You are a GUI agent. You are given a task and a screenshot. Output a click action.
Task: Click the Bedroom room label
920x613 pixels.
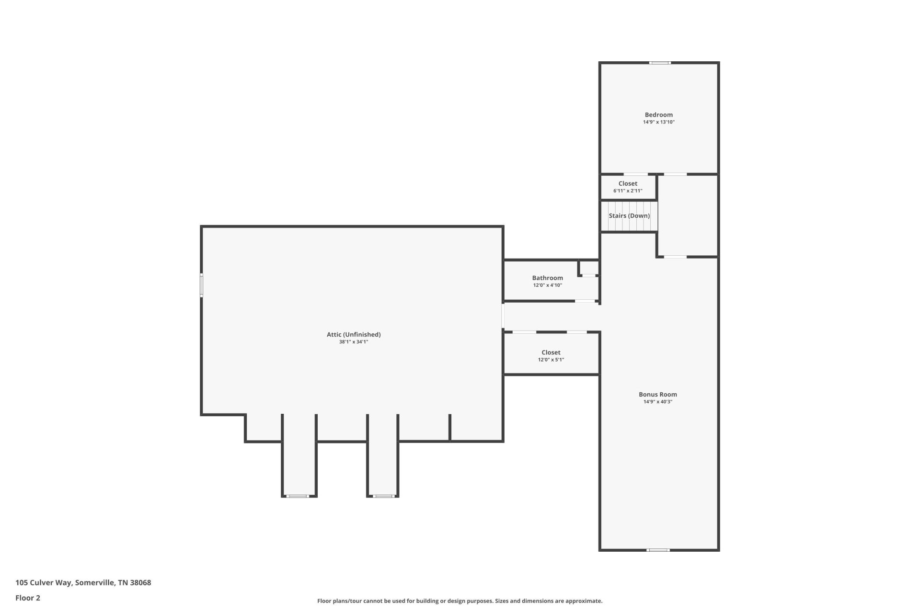point(658,115)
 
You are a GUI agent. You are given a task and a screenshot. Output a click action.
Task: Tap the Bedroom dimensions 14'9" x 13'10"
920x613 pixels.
point(658,122)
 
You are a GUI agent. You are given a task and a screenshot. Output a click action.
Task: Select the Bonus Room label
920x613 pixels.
point(658,395)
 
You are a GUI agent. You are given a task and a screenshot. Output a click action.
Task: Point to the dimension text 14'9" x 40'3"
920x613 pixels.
point(658,402)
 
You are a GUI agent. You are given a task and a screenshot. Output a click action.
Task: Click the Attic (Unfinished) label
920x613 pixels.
point(354,335)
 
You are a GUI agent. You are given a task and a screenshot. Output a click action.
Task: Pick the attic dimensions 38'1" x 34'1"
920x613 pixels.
point(354,342)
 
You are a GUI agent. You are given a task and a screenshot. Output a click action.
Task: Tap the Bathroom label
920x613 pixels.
point(547,278)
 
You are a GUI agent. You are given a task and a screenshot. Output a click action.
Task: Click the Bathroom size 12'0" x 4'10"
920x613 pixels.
point(547,285)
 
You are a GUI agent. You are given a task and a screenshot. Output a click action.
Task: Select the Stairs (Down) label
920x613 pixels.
point(629,216)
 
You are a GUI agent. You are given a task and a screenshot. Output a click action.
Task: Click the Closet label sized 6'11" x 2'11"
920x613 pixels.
point(628,183)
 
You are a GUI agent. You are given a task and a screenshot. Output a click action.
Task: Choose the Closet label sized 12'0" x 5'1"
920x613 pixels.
point(551,352)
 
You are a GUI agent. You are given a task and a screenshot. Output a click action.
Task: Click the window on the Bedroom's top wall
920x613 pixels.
point(660,63)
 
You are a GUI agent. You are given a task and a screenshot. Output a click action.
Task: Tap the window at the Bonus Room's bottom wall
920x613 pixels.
point(658,550)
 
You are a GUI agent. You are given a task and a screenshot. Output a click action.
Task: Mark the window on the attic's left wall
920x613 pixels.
point(202,285)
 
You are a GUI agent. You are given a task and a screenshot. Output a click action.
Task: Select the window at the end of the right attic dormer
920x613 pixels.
point(383,496)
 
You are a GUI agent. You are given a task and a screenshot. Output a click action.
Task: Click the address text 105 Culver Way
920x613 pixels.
point(44,583)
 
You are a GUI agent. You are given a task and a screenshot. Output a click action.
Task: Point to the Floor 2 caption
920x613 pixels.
point(28,598)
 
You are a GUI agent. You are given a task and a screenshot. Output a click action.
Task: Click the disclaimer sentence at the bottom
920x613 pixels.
point(460,601)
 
